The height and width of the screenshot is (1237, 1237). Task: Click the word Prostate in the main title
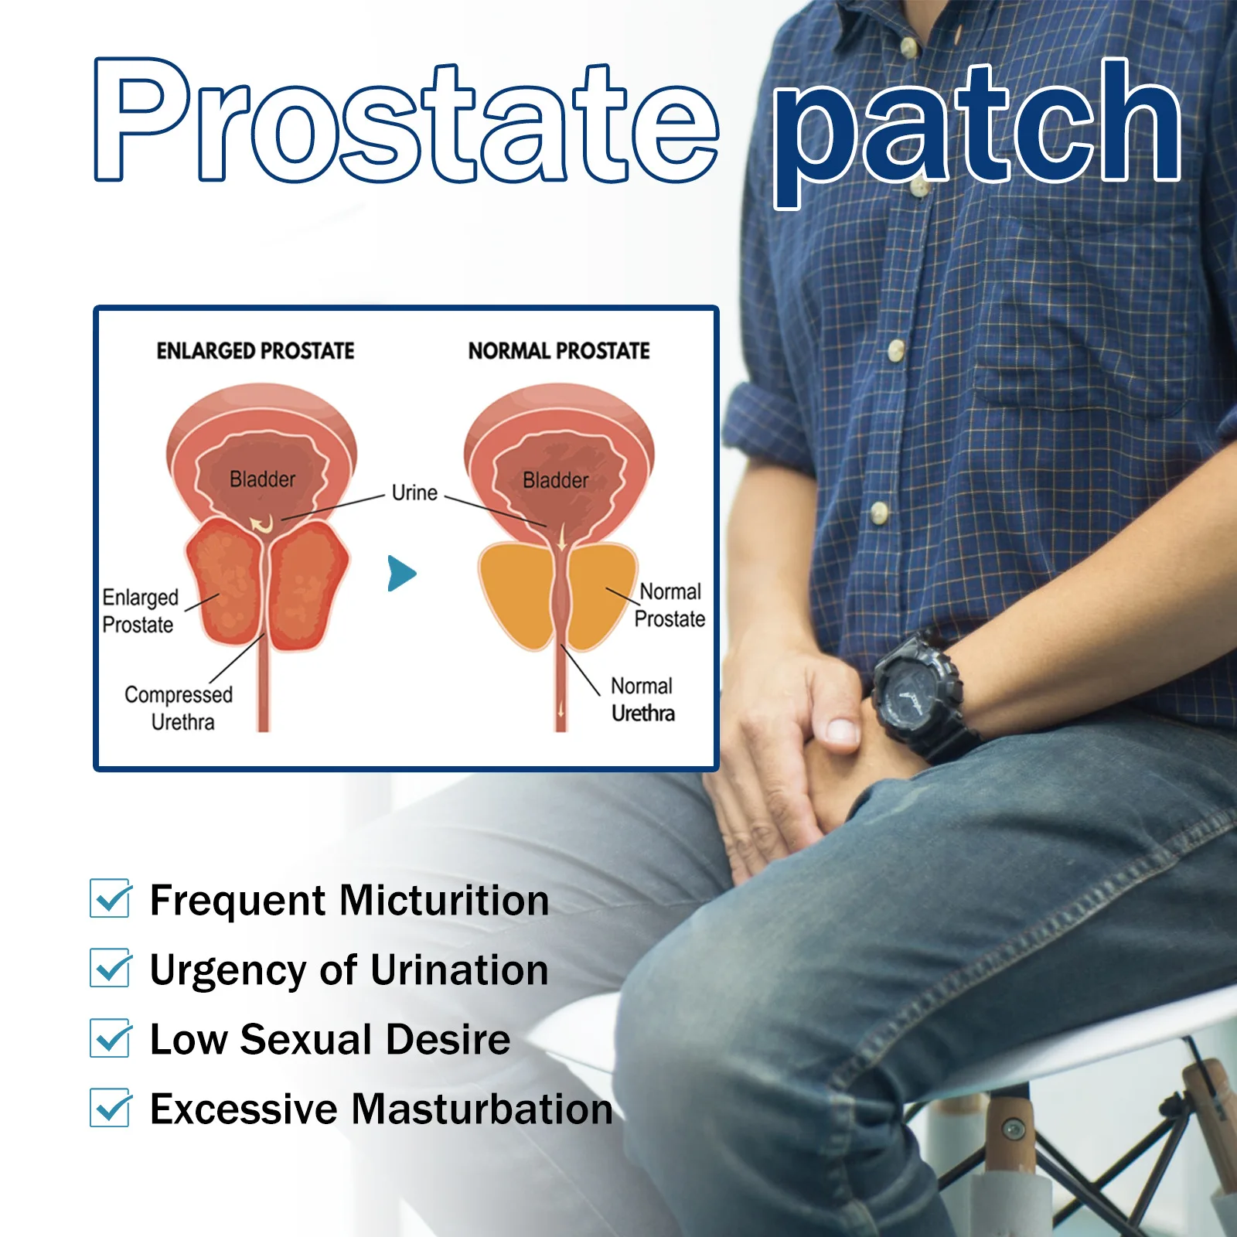coord(407,122)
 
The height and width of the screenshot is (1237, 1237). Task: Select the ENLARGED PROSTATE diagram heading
coord(255,351)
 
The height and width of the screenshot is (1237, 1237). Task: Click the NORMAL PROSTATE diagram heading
coord(559,351)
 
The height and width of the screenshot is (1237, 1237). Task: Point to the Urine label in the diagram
coord(414,492)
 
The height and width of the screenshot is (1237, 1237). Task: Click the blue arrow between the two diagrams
coord(401,574)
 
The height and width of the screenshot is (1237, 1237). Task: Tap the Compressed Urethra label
coord(179,708)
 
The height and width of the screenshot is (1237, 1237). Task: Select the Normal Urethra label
coord(642,700)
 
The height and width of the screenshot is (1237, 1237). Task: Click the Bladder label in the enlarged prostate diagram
coord(263,479)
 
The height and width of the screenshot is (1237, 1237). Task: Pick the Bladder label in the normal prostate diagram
coord(556,480)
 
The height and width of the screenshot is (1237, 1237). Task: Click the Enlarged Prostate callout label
coord(140,611)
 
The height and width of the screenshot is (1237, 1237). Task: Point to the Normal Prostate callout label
coord(670,605)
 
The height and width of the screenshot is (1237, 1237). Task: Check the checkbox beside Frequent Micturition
coord(110,898)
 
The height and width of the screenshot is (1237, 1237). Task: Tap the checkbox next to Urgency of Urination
coord(110,968)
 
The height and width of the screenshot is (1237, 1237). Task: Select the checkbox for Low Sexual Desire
coord(110,1038)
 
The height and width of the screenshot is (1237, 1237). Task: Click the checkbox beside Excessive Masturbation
coord(110,1107)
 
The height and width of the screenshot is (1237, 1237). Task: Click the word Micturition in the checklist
coord(445,900)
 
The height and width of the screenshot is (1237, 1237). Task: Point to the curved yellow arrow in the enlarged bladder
coord(261,525)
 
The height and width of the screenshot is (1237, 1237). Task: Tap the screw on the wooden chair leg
coord(1014,1130)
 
